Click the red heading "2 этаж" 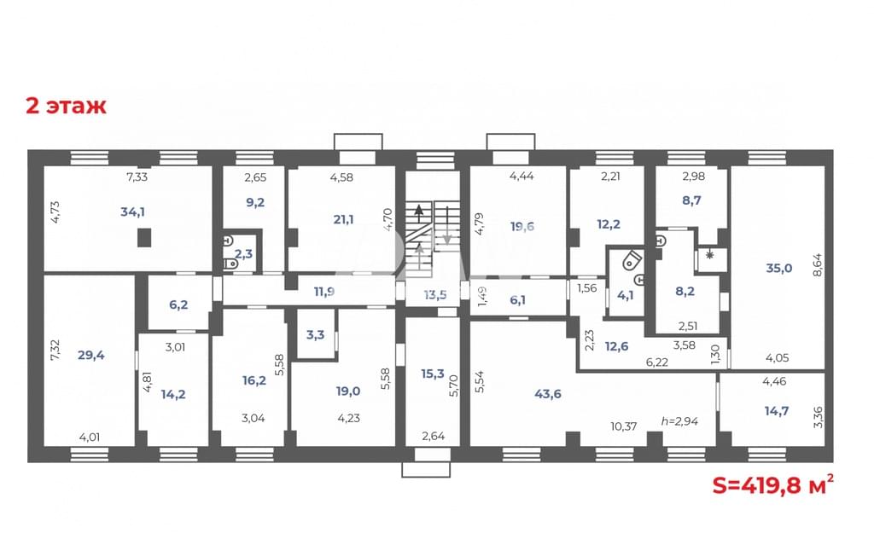[x=66, y=105]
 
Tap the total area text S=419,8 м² [x=773, y=485]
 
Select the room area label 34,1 [x=132, y=212]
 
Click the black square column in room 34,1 [x=144, y=238]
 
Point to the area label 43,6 [x=548, y=394]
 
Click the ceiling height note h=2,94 [x=679, y=421]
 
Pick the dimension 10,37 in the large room [x=624, y=426]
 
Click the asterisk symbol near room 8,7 [x=709, y=256]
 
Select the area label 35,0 [x=778, y=268]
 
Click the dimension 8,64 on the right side [x=817, y=265]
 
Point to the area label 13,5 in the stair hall [x=435, y=294]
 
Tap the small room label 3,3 [x=316, y=334]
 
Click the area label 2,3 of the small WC [x=243, y=254]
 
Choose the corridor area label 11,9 [x=323, y=291]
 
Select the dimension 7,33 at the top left [x=137, y=177]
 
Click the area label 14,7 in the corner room [x=777, y=411]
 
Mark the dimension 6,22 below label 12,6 [x=656, y=362]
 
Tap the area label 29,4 [x=90, y=355]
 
